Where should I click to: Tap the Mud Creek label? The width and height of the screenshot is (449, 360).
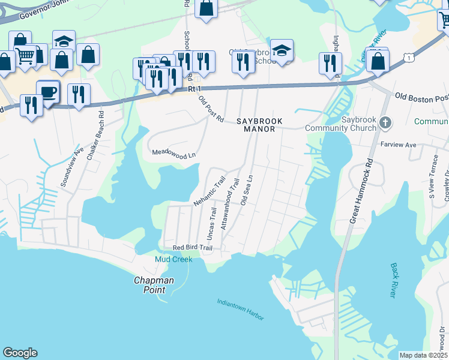pyautogui.click(x=173, y=259)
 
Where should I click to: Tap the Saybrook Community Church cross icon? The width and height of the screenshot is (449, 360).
pyautogui.click(x=385, y=124)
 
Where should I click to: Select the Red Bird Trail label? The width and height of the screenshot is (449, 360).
pyautogui.click(x=193, y=248)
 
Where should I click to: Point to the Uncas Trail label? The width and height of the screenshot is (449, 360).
pyautogui.click(x=212, y=222)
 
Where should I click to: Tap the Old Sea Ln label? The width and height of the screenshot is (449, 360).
pyautogui.click(x=247, y=191)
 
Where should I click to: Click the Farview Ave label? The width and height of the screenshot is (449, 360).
pyautogui.click(x=399, y=145)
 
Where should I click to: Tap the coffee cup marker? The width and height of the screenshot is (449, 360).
pyautogui.click(x=48, y=92)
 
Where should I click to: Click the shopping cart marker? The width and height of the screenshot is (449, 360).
pyautogui.click(x=25, y=56)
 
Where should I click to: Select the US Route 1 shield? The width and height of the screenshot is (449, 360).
pyautogui.click(x=409, y=57)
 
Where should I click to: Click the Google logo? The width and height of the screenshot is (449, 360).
pyautogui.click(x=20, y=353)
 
